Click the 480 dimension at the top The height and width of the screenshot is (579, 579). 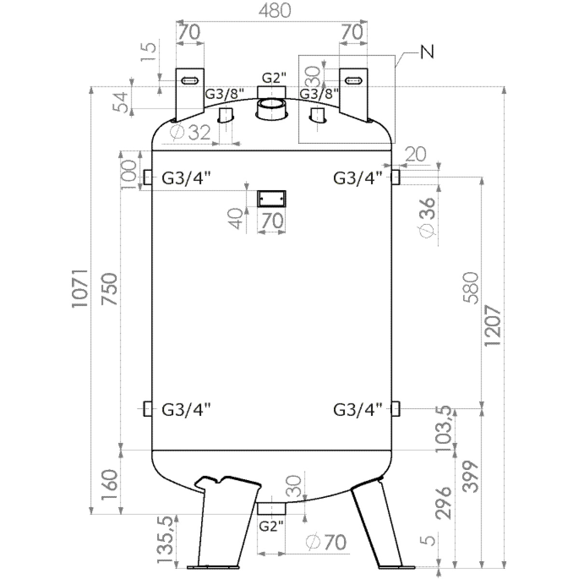[x=275, y=11]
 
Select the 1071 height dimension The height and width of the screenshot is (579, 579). [x=80, y=289]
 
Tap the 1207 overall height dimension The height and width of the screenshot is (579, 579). [x=492, y=326]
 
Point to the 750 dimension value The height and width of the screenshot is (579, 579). [x=110, y=289]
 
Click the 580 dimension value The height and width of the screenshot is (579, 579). [x=470, y=288]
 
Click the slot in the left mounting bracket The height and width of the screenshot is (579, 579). [x=189, y=81]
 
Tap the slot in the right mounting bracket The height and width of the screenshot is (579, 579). [x=353, y=81]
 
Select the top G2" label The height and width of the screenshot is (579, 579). [x=274, y=78]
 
